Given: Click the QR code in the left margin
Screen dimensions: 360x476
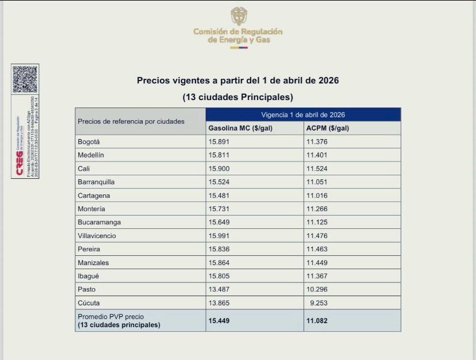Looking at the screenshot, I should tap(25, 79).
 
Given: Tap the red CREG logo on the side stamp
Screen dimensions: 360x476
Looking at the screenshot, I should tap(20, 164).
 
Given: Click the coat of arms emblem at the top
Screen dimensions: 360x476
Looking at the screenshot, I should tap(239, 16).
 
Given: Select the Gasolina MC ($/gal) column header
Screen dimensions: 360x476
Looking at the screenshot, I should tap(240, 128).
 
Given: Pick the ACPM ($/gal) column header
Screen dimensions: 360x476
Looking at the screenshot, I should tap(328, 128).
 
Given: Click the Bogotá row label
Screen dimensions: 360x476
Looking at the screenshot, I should tap(89, 142).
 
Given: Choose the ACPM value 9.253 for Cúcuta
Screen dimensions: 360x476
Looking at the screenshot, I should tap(318, 303).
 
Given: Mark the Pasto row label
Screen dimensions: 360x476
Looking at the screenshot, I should tap(86, 289).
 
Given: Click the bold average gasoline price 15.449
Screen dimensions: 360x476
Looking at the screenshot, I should tap(219, 320).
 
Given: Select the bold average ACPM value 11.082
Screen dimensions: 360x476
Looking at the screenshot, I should tap(317, 320).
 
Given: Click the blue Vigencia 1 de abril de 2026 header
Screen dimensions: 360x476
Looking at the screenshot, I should tap(303, 115).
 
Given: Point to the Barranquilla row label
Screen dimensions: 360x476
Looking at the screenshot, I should tap(96, 182).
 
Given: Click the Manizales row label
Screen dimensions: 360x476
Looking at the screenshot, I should tap(93, 263).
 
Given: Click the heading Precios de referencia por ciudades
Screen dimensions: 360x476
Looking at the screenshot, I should tap(131, 121).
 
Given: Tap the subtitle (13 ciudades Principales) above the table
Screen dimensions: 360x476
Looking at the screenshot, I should tap(237, 97).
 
